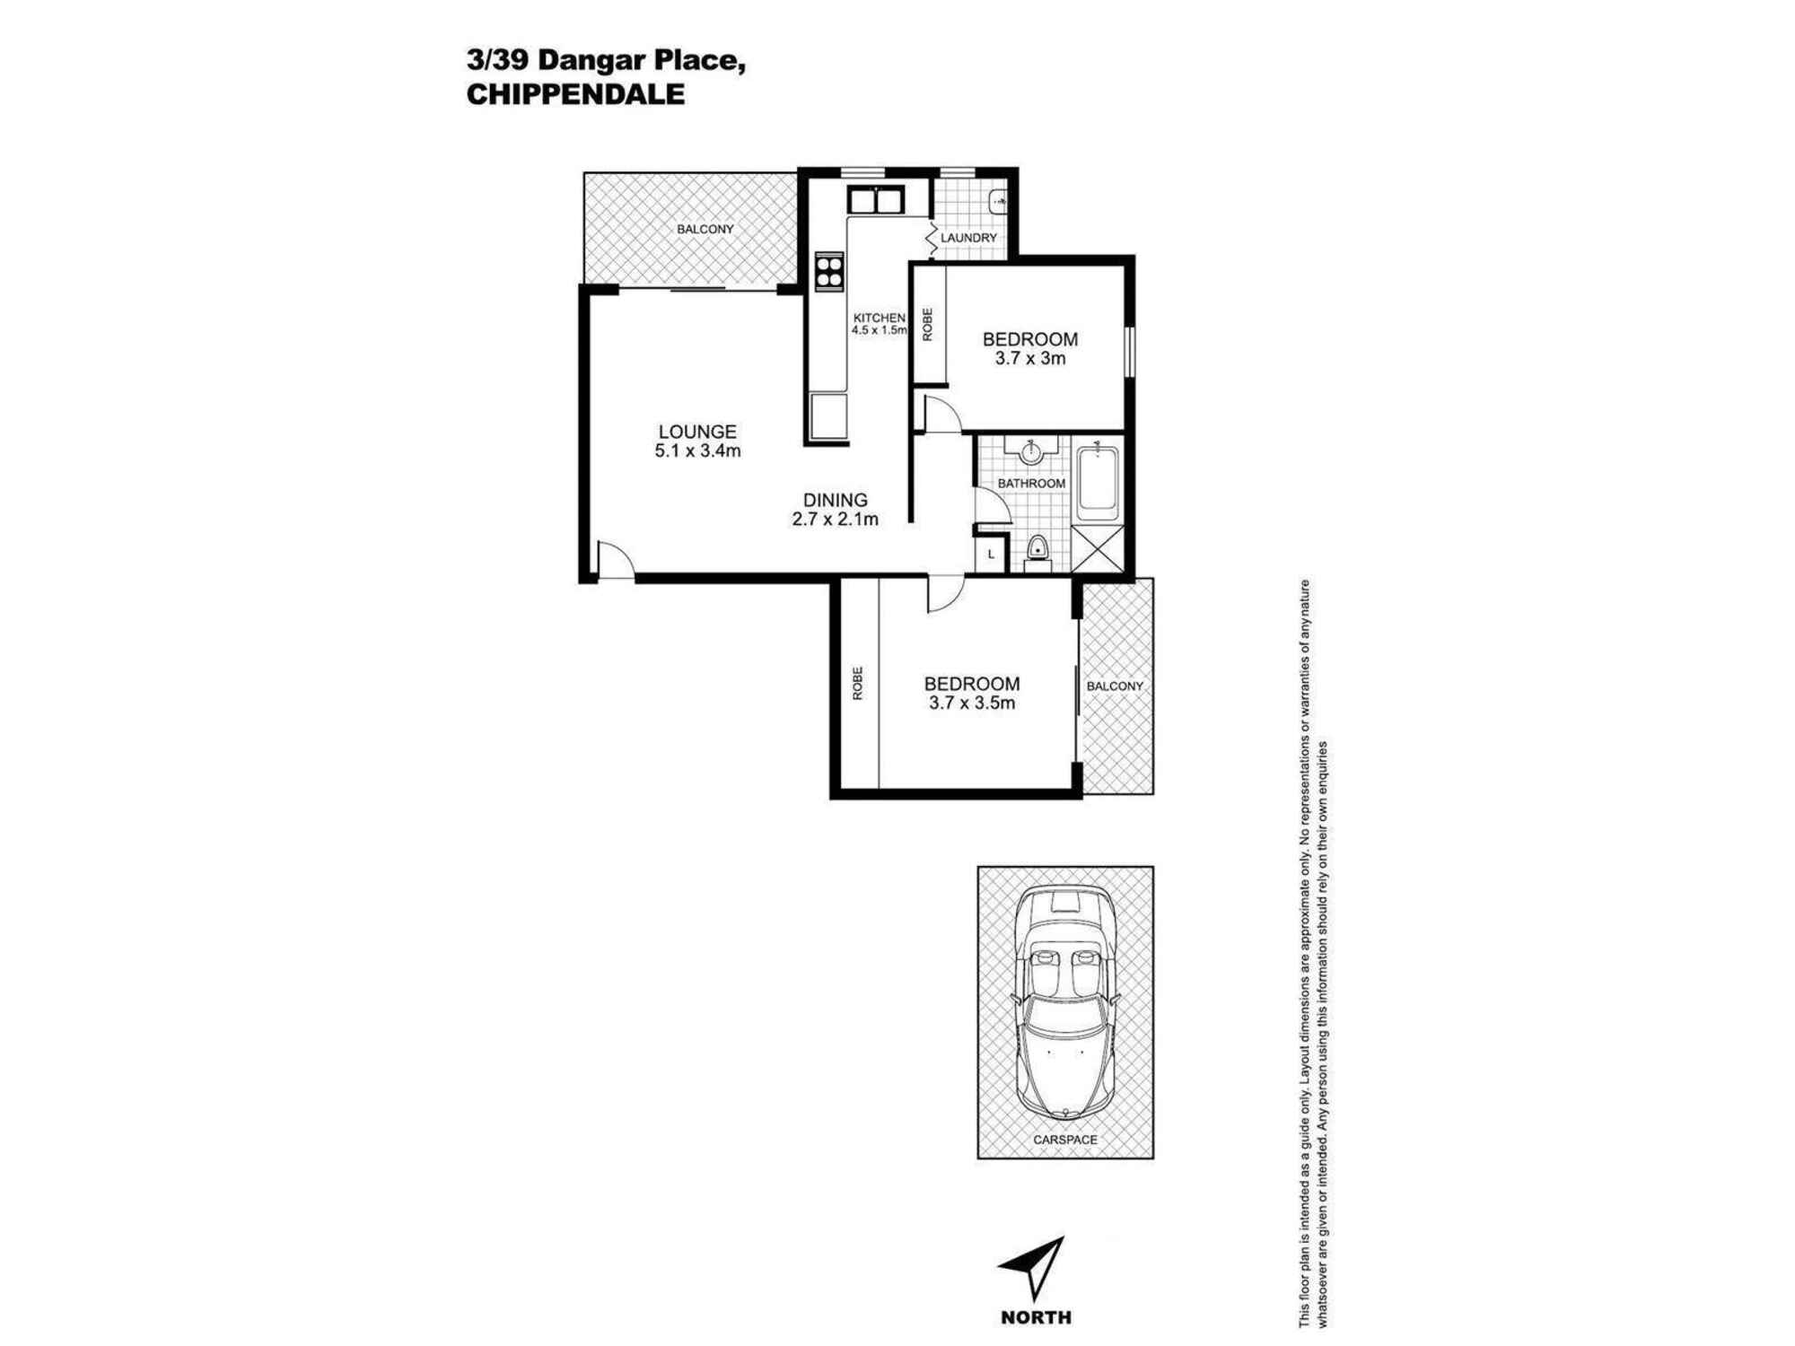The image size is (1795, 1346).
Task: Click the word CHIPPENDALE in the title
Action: point(575,94)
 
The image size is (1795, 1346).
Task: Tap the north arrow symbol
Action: point(1035,1269)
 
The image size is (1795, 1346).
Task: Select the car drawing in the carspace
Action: point(1064,1001)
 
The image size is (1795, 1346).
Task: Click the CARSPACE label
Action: point(1064,1140)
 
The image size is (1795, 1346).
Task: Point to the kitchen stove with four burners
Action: point(829,272)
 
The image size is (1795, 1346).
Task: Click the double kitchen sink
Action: point(876,200)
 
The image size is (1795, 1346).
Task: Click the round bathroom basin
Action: point(1031,450)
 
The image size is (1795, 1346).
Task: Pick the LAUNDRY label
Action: point(968,238)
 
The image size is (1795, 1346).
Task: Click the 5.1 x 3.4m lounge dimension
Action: point(697,451)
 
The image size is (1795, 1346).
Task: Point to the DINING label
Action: point(835,500)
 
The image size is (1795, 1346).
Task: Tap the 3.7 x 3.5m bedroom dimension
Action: point(972,704)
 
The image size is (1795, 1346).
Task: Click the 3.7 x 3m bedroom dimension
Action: point(1030,359)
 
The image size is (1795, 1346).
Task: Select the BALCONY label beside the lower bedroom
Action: point(1115,686)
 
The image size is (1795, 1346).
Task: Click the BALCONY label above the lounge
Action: point(705,230)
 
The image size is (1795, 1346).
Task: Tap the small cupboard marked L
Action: point(991,554)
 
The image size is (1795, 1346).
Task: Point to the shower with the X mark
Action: point(1097,548)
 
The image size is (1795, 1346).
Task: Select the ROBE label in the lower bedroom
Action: point(858,683)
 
